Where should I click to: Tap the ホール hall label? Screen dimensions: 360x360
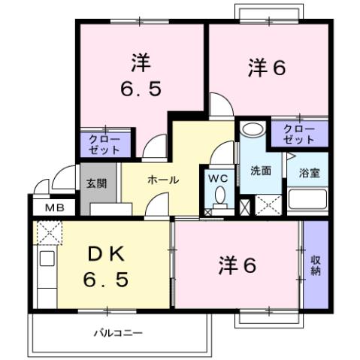point(162,180)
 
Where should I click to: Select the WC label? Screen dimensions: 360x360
point(219,178)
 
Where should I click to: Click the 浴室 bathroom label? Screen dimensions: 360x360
point(308,172)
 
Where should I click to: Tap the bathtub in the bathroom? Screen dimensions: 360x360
point(308,201)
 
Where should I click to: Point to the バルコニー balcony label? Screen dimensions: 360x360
point(118,331)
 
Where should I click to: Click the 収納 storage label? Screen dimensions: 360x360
point(316,265)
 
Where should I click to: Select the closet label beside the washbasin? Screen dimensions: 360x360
point(299,135)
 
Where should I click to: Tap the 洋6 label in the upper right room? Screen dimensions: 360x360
point(267,68)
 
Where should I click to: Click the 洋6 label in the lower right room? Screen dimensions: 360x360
point(238,265)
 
